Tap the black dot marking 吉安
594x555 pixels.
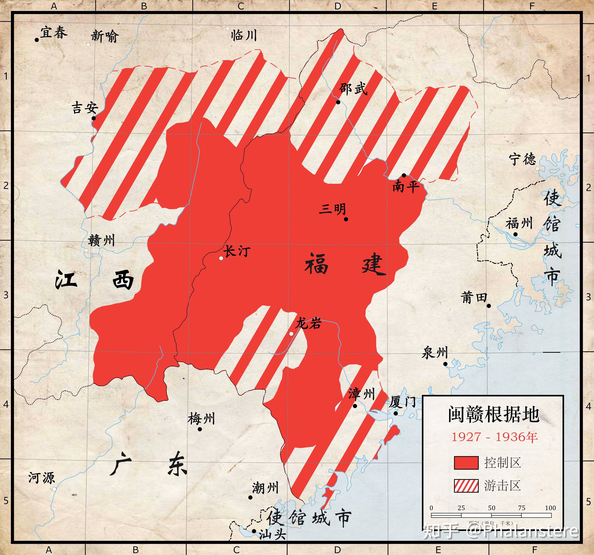[x=94, y=118]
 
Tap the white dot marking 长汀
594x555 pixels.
[x=221, y=258]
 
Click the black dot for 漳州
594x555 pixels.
[x=355, y=406]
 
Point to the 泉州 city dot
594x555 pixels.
[x=445, y=364]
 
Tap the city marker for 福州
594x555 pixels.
[x=515, y=234]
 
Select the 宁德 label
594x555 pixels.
[x=523, y=159]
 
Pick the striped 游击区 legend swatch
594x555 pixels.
[x=466, y=486]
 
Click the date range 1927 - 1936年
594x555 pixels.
[x=495, y=437]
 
